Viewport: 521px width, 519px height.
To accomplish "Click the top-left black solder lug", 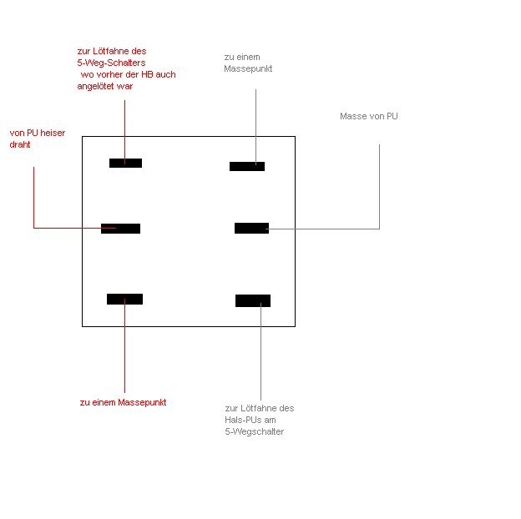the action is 125,163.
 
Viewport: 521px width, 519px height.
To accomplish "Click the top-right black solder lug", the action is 247,166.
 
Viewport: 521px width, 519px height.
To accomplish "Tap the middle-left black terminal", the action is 120,229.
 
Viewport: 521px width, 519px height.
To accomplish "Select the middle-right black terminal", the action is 251,228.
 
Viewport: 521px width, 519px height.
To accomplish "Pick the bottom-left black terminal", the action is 125,299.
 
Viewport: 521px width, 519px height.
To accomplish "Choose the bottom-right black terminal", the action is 253,300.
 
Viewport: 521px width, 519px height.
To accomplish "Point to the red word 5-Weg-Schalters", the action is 111,63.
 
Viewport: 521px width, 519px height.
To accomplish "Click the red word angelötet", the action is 95,86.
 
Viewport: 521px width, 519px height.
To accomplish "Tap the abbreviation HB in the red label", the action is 147,74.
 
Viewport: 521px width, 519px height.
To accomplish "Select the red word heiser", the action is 53,133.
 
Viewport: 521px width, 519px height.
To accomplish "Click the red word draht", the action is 20,144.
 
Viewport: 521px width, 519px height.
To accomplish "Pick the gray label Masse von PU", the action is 369,116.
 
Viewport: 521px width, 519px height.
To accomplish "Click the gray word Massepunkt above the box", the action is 248,68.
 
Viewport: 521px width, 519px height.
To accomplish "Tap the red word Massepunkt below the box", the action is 142,402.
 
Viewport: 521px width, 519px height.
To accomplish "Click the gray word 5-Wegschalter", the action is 254,431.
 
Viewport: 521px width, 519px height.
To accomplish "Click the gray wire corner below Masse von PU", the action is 379,229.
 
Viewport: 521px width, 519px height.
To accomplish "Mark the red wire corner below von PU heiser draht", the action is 34,228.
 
